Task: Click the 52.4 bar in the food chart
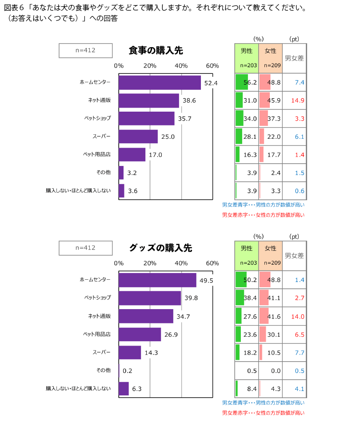160,83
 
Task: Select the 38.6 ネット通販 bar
149,101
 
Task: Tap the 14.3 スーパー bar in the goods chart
130,352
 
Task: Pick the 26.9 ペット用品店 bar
140,334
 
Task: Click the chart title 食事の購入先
156,51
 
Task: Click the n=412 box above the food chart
85,50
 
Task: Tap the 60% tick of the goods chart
212,263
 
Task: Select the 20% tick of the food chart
150,66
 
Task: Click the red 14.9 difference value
297,101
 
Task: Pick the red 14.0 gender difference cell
297,317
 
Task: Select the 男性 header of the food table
247,51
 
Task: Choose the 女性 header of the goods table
270,248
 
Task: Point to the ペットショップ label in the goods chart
97,298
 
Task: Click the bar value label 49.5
206,281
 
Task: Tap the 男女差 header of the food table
294,58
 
